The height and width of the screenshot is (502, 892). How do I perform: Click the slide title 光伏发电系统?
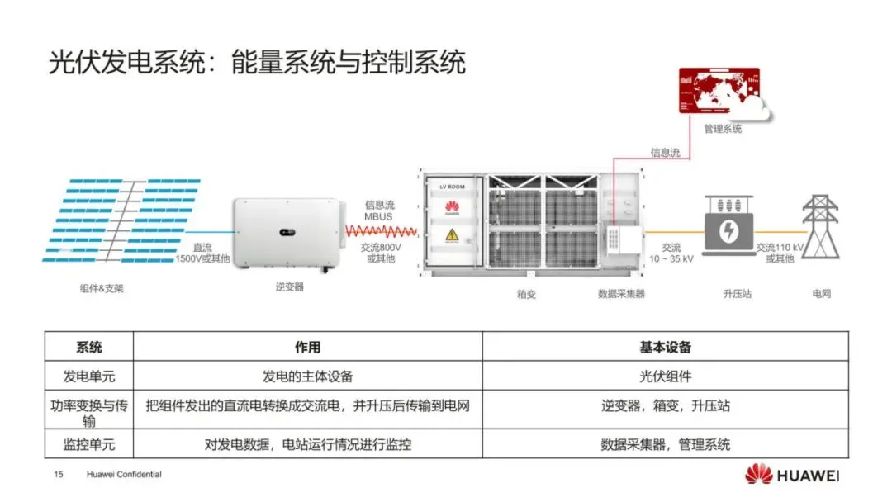point(125,63)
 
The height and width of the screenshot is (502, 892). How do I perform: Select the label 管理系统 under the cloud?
point(722,129)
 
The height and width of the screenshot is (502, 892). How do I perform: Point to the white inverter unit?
point(285,233)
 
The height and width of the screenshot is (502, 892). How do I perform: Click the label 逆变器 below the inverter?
point(289,287)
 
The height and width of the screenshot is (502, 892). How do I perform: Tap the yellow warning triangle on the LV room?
point(452,236)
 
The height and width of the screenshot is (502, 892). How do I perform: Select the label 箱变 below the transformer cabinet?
point(526,293)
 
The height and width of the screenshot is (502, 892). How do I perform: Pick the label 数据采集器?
point(621,293)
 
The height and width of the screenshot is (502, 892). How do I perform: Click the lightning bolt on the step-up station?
point(728,232)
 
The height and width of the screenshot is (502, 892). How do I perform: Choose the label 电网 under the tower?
point(821,293)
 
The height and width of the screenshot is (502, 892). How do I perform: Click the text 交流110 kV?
point(780,247)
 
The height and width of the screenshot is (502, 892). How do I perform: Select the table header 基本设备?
point(665,347)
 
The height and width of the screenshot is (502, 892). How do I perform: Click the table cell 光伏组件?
point(665,376)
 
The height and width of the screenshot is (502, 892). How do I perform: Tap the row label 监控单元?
point(89,444)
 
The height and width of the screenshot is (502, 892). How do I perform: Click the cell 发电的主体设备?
point(307,376)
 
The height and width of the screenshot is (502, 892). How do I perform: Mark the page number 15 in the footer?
point(59,475)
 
